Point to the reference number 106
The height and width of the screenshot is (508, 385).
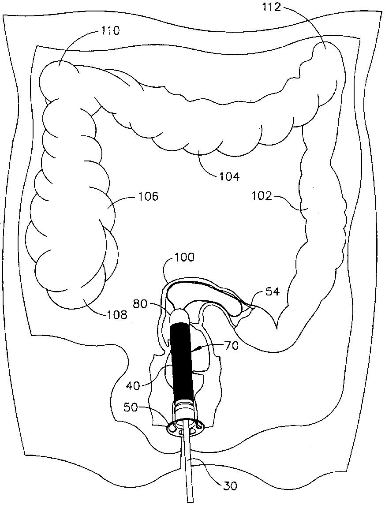(x=148, y=196)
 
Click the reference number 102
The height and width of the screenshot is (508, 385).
(x=262, y=195)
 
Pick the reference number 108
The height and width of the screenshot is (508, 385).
(x=116, y=315)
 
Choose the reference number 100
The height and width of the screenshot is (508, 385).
(x=184, y=257)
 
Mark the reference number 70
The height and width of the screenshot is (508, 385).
(x=231, y=346)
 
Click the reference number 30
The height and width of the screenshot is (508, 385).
(x=230, y=486)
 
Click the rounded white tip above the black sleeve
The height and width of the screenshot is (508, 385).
(x=179, y=316)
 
